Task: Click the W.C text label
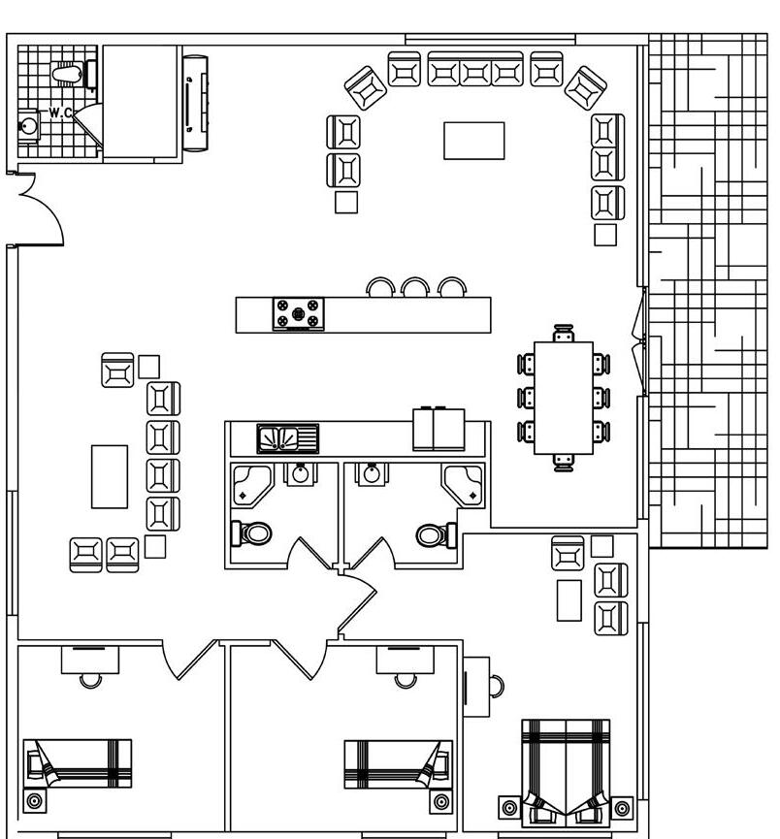click(60, 113)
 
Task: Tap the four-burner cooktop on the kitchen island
click(299, 314)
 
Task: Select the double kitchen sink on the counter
click(288, 438)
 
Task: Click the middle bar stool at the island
click(415, 288)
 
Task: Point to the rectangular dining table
click(563, 397)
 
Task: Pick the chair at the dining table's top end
click(563, 336)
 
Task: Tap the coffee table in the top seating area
click(474, 140)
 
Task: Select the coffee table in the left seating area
click(110, 475)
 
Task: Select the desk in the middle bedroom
click(406, 659)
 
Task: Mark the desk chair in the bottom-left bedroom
click(90, 678)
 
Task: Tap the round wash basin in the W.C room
click(29, 125)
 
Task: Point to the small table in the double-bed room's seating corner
click(569, 599)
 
